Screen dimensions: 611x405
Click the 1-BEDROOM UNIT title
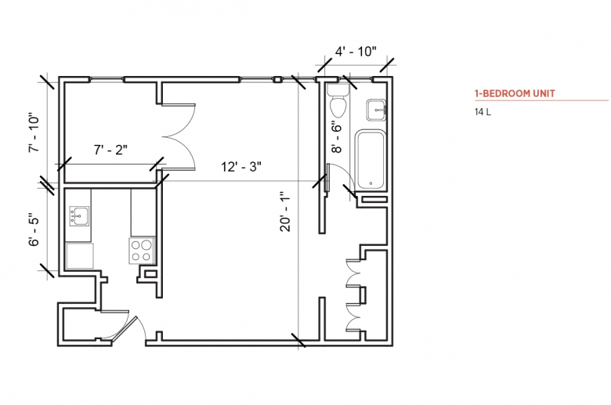pyautogui.click(x=515, y=93)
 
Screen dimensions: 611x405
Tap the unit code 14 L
pyautogui.click(x=483, y=112)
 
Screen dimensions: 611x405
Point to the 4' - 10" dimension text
pyautogui.click(x=356, y=51)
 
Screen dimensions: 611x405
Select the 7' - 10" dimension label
pyautogui.click(x=34, y=133)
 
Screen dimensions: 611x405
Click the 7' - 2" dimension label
pyautogui.click(x=110, y=150)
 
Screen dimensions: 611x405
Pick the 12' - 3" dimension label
pyautogui.click(x=241, y=167)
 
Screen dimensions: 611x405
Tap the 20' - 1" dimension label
pyautogui.click(x=285, y=212)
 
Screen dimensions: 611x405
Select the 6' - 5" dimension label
pyautogui.click(x=34, y=230)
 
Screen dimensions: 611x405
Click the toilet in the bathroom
pyautogui.click(x=338, y=100)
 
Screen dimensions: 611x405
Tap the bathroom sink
pyautogui.click(x=376, y=110)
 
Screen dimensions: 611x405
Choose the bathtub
pyautogui.click(x=371, y=161)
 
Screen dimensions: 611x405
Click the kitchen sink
pyautogui.click(x=79, y=216)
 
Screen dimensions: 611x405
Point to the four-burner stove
pyautogui.click(x=142, y=251)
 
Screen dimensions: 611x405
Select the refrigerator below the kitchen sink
pyautogui.click(x=79, y=255)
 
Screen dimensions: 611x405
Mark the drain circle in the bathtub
pyautogui.click(x=371, y=183)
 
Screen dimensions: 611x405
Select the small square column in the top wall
pyautogui.click(x=277, y=80)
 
